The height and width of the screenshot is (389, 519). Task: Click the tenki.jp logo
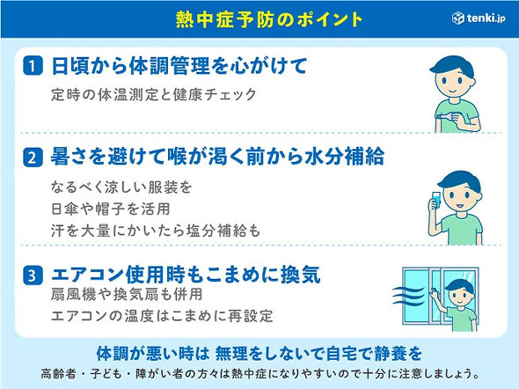click(480, 18)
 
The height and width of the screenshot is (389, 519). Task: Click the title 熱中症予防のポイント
click(259, 18)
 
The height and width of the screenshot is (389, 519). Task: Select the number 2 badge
click(31, 158)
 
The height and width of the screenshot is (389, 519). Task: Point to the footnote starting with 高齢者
click(259, 372)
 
